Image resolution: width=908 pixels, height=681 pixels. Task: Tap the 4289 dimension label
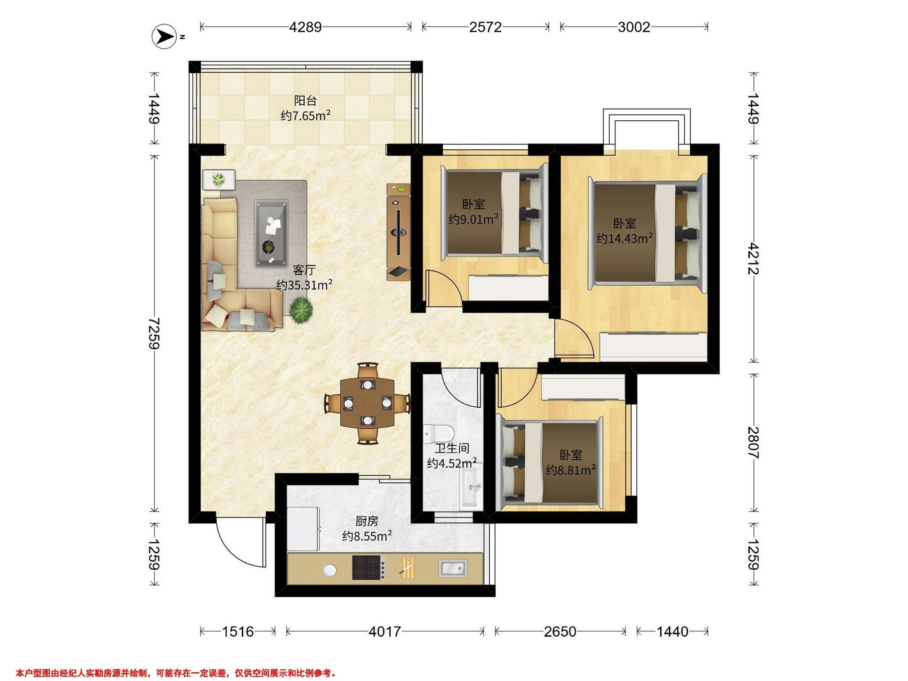(305, 27)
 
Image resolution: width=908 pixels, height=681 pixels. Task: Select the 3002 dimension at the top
(634, 27)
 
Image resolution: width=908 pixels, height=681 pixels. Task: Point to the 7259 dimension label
(154, 333)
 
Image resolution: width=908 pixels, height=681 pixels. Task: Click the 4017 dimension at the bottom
(385, 631)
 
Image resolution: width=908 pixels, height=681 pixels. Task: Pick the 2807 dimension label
(753, 443)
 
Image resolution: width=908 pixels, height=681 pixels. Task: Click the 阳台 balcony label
(305, 101)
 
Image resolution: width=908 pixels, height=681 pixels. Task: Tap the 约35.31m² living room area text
(304, 285)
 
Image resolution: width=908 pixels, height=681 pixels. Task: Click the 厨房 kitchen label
(367, 521)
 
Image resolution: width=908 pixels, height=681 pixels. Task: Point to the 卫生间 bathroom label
(452, 448)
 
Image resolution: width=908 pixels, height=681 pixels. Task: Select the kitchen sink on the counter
(453, 568)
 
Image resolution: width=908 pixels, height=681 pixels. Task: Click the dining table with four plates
(367, 403)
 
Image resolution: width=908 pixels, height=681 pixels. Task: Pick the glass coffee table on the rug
(271, 233)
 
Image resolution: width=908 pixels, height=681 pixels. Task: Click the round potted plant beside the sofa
(302, 310)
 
